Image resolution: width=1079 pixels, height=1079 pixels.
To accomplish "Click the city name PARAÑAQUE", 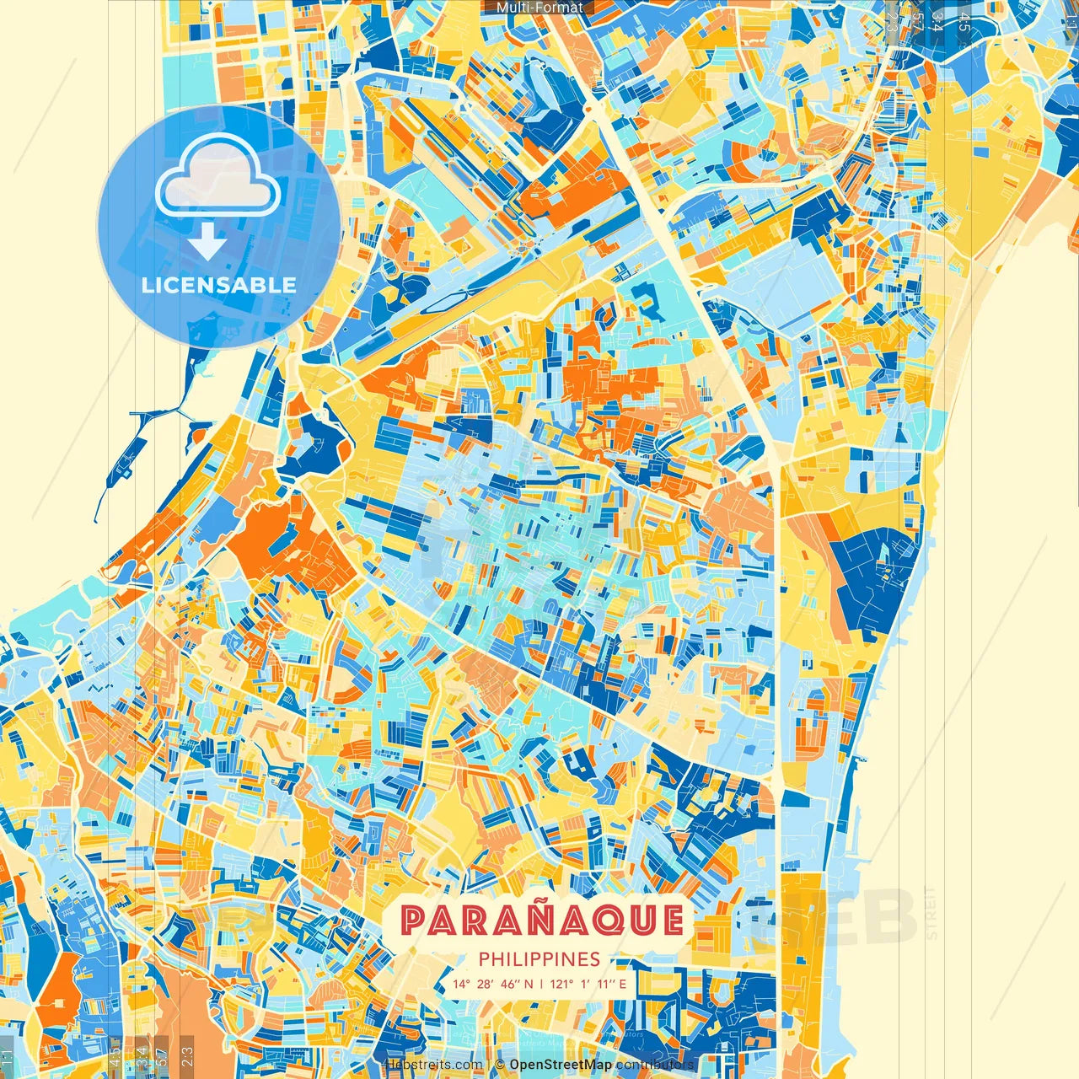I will point(541,920).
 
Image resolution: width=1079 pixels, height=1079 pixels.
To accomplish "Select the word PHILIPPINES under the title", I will point(539,959).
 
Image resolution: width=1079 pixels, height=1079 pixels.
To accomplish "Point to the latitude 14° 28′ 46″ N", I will point(492,984).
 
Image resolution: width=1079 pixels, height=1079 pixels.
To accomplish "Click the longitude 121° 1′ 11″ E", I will point(588,984).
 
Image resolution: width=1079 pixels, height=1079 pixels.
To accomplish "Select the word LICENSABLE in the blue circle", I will point(218,285).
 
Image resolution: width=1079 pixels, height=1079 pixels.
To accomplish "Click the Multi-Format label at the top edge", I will point(539,8).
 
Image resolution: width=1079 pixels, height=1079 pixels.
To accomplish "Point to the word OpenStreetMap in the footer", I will point(560,1065).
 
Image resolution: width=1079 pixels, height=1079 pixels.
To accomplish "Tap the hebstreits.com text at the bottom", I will point(432,1065).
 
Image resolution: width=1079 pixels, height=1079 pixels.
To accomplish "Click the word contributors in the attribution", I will point(654,1065).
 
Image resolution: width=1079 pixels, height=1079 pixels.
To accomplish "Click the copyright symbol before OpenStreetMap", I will point(500,1065).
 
